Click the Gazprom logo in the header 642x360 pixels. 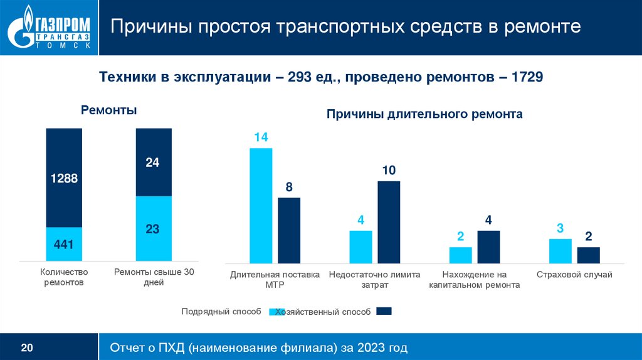point(49,28)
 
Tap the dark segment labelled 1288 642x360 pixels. point(64,177)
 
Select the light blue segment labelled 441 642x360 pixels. point(64,244)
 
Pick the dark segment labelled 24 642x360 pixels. point(154,162)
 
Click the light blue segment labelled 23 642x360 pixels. point(154,228)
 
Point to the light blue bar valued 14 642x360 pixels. point(261,205)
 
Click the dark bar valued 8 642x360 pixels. point(289,230)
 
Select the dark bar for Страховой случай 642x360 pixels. point(589,255)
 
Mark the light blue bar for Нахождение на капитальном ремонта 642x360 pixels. point(460,255)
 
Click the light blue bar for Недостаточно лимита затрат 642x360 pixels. point(360,246)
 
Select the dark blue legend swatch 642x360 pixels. point(384,310)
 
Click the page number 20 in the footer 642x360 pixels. point(27,347)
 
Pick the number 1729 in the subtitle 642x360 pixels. point(527,77)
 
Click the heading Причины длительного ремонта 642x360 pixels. point(424,115)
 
